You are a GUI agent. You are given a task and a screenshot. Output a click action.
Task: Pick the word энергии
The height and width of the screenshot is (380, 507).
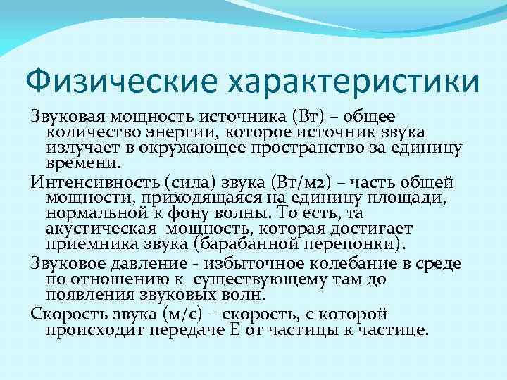click(181, 132)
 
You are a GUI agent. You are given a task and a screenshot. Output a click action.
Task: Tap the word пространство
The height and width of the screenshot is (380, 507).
click(323, 147)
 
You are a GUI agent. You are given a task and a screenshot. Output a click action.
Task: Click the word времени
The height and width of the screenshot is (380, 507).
click(84, 164)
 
